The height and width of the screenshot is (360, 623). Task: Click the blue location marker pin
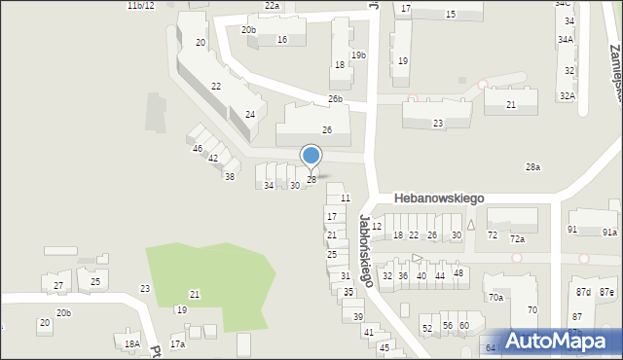tap(311, 156)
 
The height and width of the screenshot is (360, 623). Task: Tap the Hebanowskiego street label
tap(439, 198)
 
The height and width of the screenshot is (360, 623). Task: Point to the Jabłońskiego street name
tap(366, 250)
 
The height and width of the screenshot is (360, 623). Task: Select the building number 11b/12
tap(140, 6)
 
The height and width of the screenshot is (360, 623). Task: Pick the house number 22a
tap(272, 6)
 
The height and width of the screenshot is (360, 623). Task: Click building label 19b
tap(358, 55)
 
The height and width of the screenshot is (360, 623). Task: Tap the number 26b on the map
tap(335, 99)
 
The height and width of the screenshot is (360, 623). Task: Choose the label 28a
tap(532, 167)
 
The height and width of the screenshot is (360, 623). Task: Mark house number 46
tap(198, 149)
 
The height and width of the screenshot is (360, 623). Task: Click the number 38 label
tap(230, 177)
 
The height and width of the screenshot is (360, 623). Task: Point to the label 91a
tap(609, 233)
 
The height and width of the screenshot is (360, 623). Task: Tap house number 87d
tap(583, 292)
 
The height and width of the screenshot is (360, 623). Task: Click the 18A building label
tap(132, 344)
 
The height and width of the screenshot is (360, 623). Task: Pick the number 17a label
tap(177, 344)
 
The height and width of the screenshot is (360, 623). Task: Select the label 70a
tap(495, 298)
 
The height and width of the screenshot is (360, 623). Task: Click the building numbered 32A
tap(567, 95)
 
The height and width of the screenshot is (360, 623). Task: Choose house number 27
tap(58, 286)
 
